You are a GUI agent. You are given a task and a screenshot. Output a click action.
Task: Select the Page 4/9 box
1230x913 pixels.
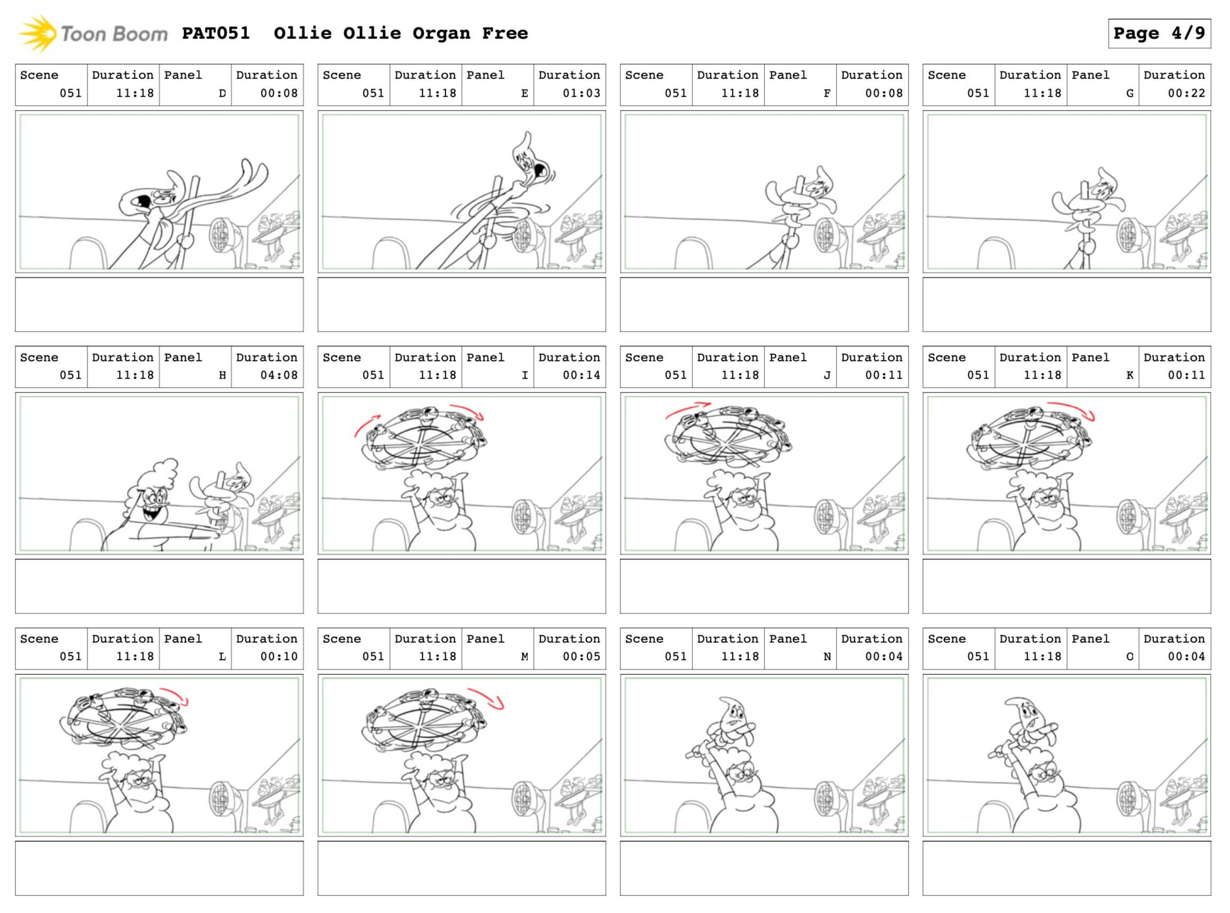click(x=1160, y=34)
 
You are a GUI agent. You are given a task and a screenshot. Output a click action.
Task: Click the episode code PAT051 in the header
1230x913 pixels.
click(x=216, y=33)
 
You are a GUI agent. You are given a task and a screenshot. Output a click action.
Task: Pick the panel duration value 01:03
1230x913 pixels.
click(x=581, y=93)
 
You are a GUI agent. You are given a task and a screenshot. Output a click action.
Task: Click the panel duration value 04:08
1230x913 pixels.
click(x=279, y=375)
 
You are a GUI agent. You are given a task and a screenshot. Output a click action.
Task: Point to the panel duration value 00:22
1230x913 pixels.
click(x=1186, y=93)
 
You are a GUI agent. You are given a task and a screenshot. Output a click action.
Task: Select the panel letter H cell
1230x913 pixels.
click(x=195, y=366)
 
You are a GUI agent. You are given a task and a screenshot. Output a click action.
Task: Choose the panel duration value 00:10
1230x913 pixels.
click(x=279, y=656)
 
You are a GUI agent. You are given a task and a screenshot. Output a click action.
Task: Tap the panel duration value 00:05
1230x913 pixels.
click(x=581, y=656)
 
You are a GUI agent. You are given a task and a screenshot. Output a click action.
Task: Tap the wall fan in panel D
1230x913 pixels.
click(x=221, y=236)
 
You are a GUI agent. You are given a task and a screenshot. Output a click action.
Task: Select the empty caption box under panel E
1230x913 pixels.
click(x=461, y=304)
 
